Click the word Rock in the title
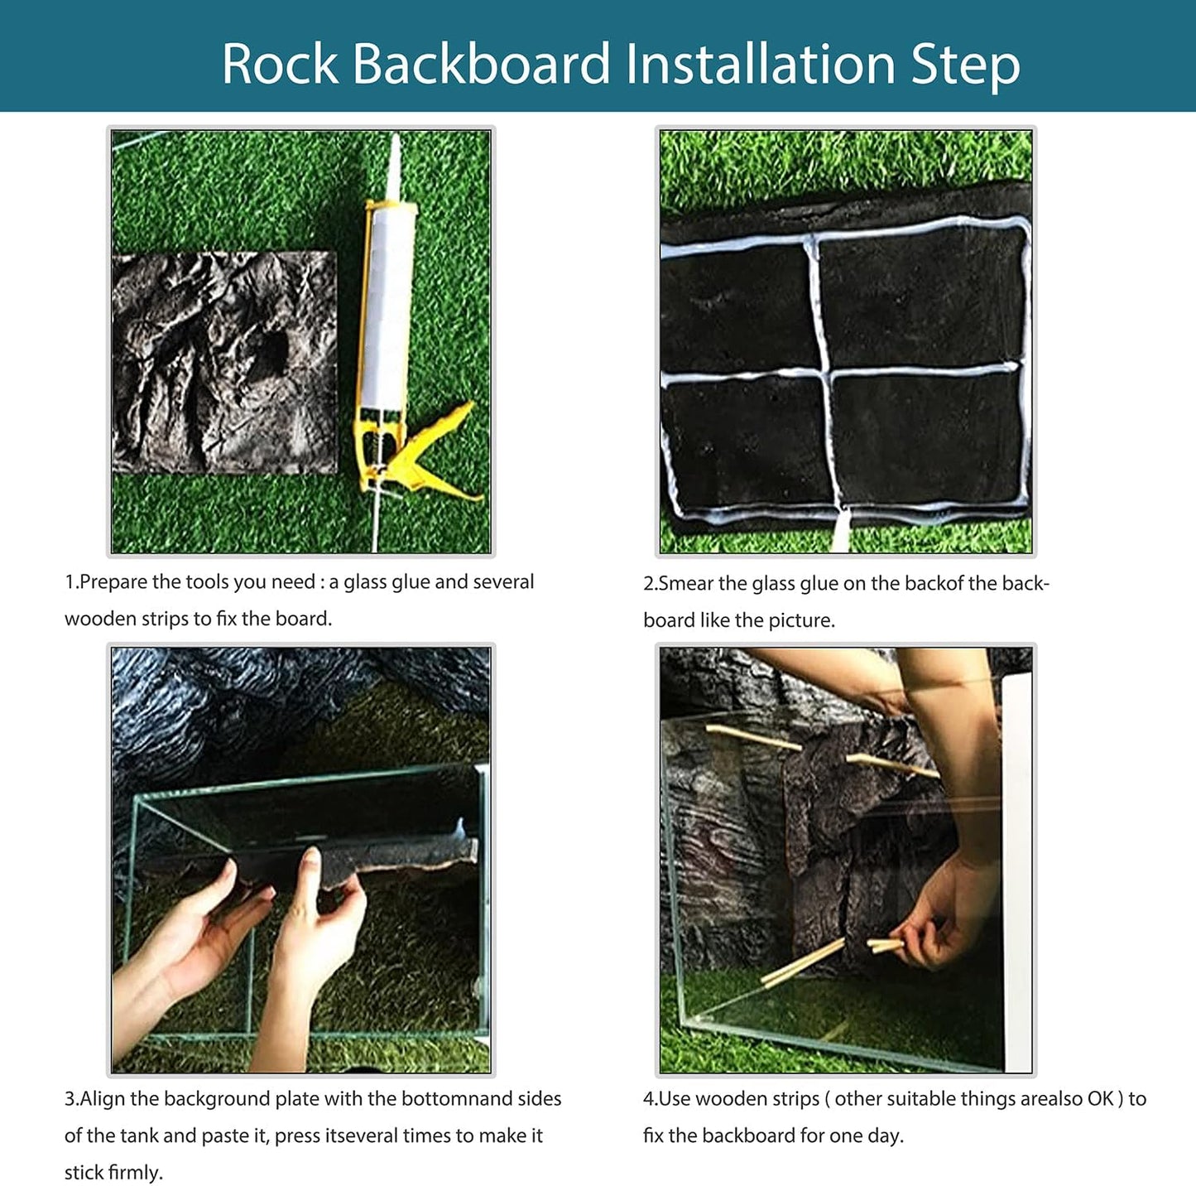click(280, 64)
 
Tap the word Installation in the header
click(761, 64)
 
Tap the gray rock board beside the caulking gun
click(223, 362)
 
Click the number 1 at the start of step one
click(70, 582)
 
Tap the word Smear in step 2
click(686, 584)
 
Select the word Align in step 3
click(102, 1099)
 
